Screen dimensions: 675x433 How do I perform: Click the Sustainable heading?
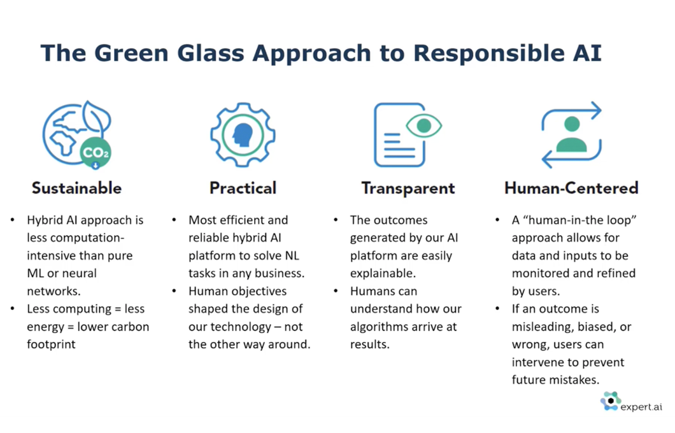[x=76, y=188]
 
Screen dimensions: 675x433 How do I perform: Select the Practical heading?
[x=243, y=188]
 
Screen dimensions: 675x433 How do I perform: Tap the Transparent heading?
[x=408, y=188]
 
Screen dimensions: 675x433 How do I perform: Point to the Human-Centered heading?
[x=571, y=188]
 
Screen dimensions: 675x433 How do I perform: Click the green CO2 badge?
[x=96, y=152]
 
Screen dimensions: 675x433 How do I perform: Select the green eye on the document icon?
[x=424, y=125]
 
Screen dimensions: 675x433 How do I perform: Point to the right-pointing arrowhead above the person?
[x=596, y=111]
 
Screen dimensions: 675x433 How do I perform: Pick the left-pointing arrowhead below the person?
[x=547, y=159]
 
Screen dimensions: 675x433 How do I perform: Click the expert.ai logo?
[x=631, y=402]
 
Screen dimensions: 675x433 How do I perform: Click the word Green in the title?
[x=132, y=53]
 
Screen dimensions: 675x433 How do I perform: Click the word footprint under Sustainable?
[x=51, y=344]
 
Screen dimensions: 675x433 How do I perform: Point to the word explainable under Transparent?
[x=383, y=273]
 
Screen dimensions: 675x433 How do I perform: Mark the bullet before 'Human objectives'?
[x=174, y=292]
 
